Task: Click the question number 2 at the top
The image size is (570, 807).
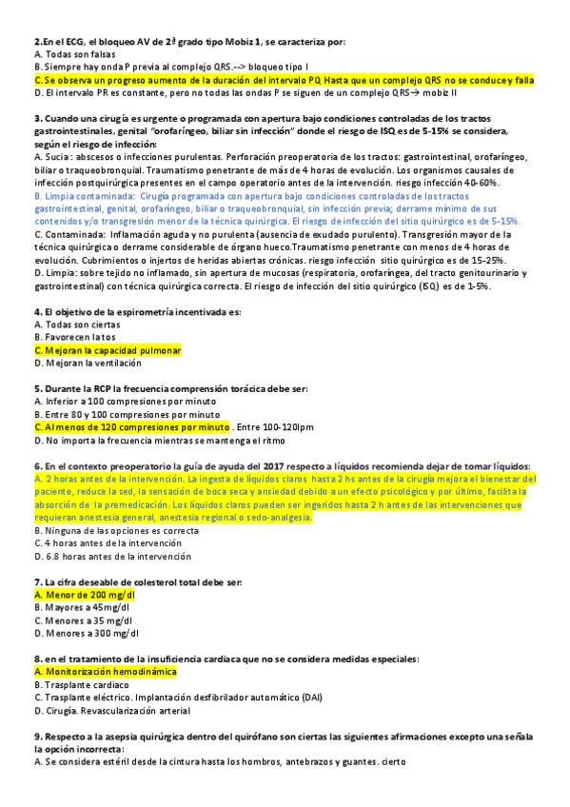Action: point(37,41)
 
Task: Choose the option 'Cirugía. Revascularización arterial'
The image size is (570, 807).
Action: point(117,710)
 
